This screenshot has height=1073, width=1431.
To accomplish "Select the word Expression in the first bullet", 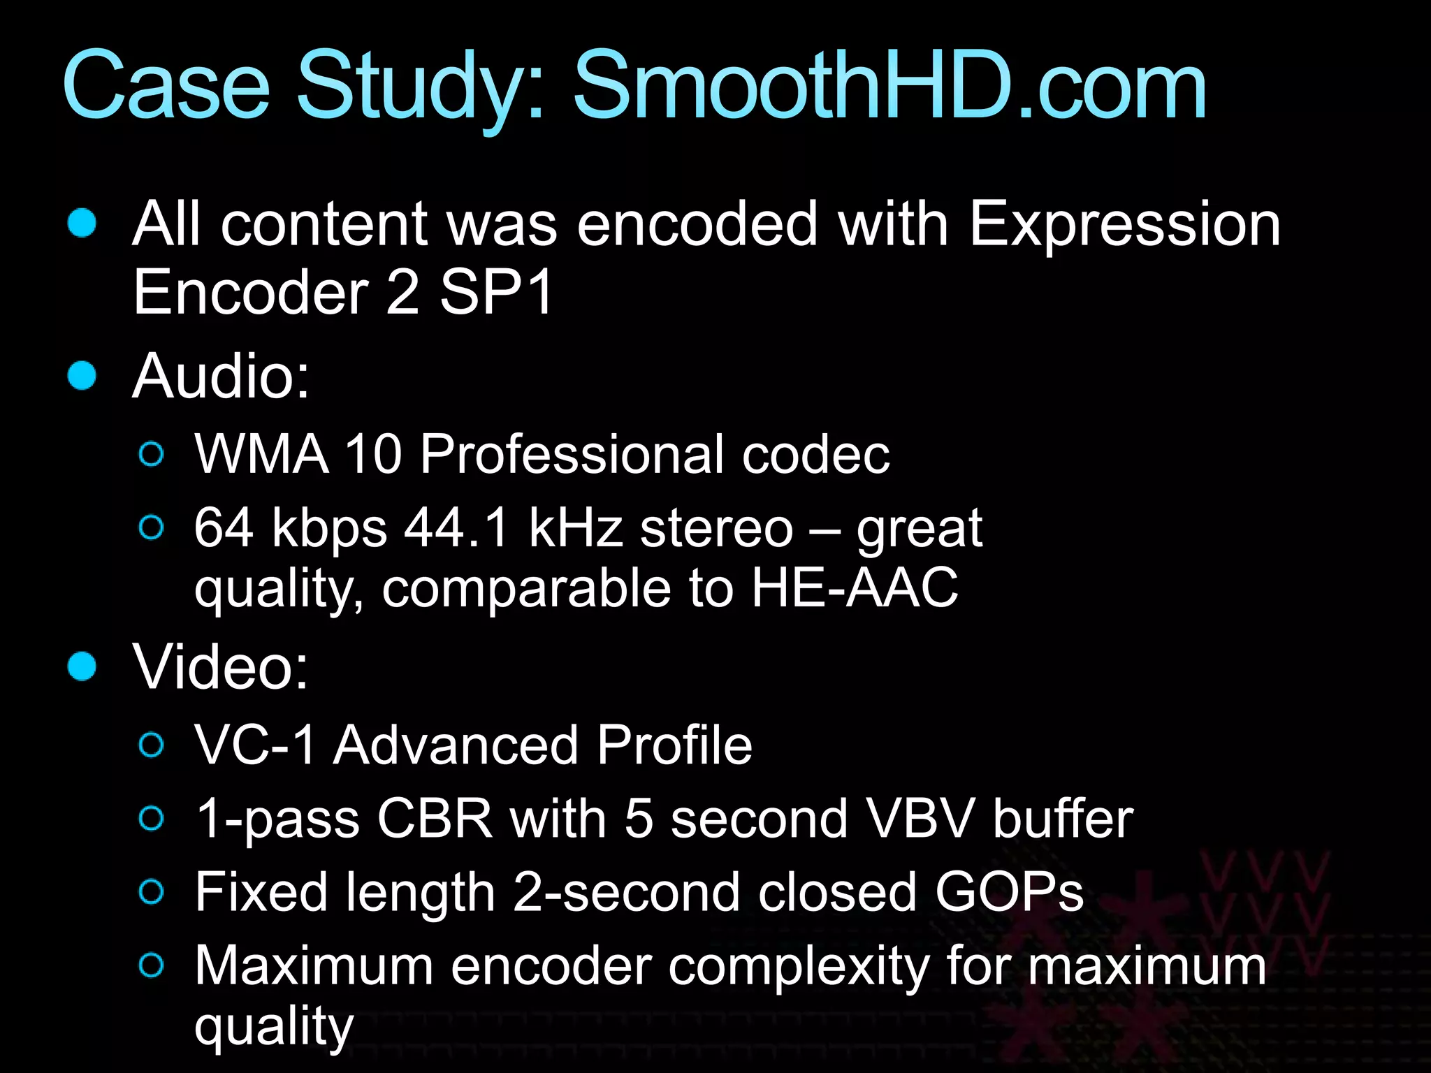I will pyautogui.click(x=1125, y=225).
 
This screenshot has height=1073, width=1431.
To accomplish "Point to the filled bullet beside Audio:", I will pyautogui.click(x=82, y=375).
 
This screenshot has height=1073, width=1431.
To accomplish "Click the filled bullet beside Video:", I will pyautogui.click(x=82, y=666).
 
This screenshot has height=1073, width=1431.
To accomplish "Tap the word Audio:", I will pyautogui.click(x=221, y=377).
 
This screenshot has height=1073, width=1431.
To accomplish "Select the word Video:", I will pyautogui.click(x=221, y=667).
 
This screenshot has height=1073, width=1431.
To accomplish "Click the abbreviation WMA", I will pyautogui.click(x=261, y=454).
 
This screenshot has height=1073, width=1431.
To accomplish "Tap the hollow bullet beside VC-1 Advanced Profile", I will pyautogui.click(x=152, y=745).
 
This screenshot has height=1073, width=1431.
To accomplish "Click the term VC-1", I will pyautogui.click(x=254, y=745).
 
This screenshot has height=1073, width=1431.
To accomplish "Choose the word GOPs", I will pyautogui.click(x=1009, y=892).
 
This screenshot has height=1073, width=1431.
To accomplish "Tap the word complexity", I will pyautogui.click(x=799, y=967).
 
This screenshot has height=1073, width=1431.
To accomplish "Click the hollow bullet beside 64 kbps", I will pyautogui.click(x=152, y=527).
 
